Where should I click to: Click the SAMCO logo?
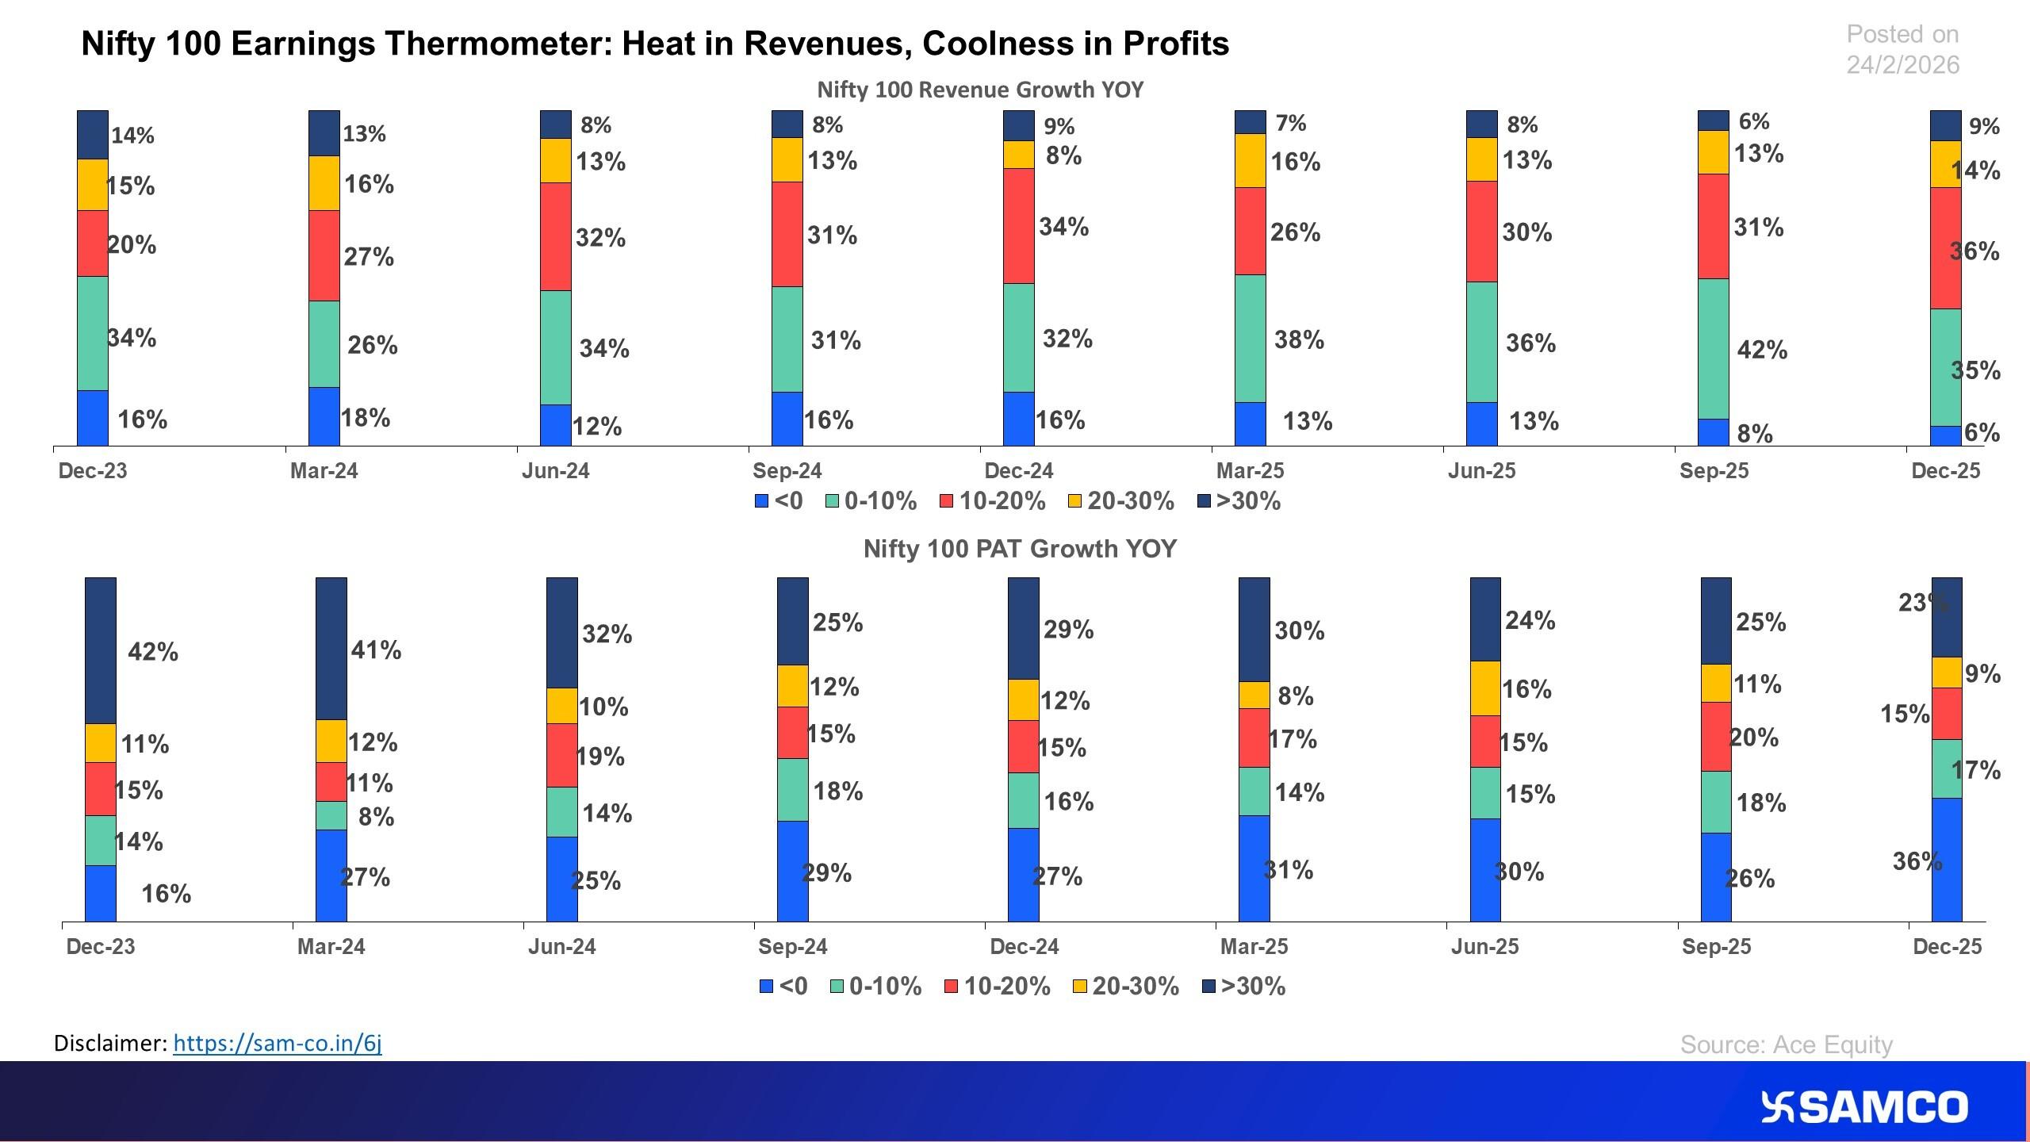click(1863, 1107)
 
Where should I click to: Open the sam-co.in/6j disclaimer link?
click(277, 1043)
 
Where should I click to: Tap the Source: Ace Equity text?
click(1786, 1044)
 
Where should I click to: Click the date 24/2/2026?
click(1902, 64)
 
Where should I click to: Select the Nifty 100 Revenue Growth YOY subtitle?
click(980, 90)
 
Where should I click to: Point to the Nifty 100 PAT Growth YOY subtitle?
click(1020, 549)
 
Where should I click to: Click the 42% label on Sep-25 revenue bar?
click(1762, 350)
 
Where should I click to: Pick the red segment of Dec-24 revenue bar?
click(1019, 225)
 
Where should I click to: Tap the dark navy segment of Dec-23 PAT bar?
click(101, 650)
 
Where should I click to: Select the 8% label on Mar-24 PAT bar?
click(376, 816)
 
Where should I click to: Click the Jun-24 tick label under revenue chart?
click(555, 471)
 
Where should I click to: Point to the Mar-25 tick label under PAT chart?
click(1254, 946)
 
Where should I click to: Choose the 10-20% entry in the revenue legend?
click(993, 501)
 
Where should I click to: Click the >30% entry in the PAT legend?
click(1244, 986)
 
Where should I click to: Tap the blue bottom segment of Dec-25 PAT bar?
click(1947, 860)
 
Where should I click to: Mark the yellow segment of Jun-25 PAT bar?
click(1485, 688)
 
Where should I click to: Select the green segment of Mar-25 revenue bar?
click(1251, 339)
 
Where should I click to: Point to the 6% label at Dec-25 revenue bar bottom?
click(1982, 432)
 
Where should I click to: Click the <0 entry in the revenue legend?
click(779, 501)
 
